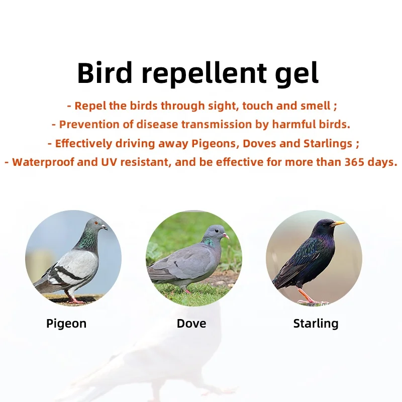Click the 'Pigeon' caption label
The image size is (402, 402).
click(x=66, y=324)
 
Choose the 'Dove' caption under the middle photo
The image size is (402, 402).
click(x=191, y=324)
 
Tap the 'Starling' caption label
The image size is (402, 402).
click(x=316, y=324)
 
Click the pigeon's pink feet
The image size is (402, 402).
click(x=75, y=300)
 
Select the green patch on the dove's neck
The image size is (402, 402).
click(x=208, y=242)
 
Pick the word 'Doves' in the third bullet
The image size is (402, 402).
click(x=259, y=143)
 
